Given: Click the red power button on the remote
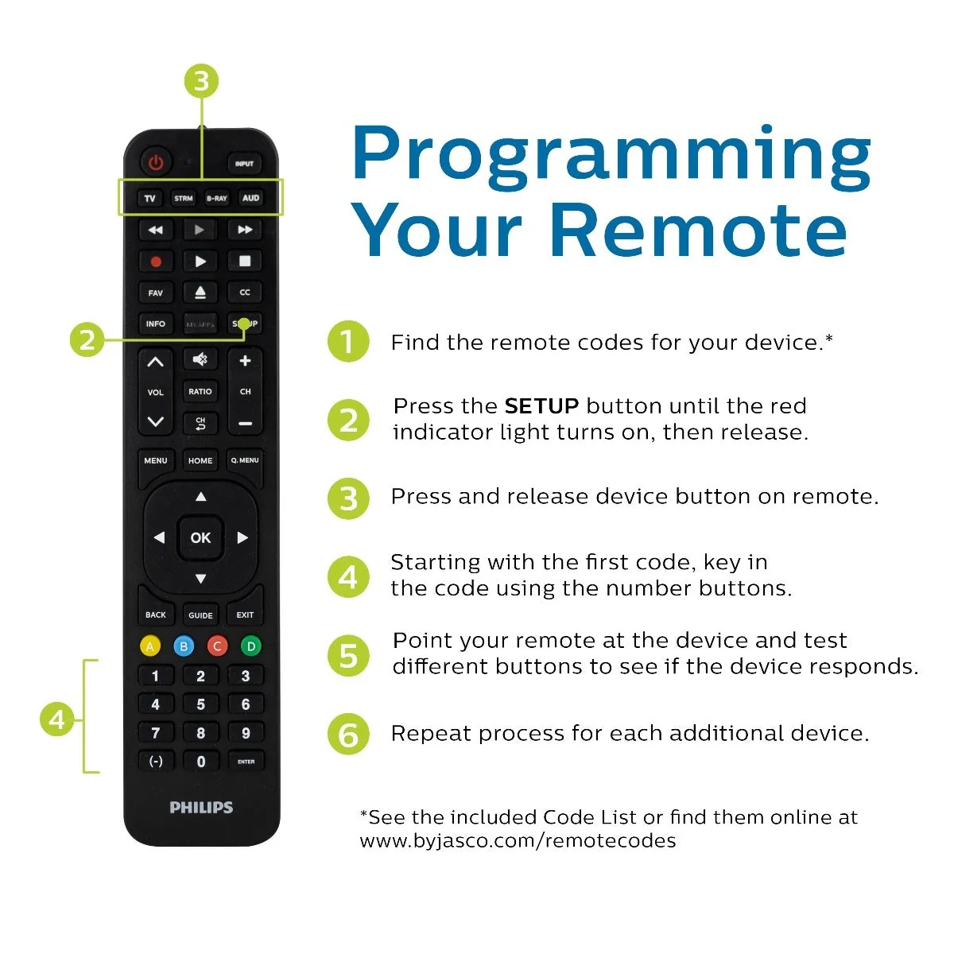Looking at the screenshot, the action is (x=156, y=162).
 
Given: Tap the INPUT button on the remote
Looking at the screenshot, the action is (x=245, y=164).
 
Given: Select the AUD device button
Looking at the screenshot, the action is (x=250, y=198).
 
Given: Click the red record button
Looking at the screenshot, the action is (x=156, y=262).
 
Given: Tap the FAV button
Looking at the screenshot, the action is (x=156, y=293).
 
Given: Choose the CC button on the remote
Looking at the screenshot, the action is (x=245, y=292).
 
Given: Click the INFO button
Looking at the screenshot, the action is (x=156, y=324).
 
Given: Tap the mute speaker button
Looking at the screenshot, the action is (x=200, y=359).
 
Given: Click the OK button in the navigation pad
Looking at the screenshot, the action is (x=200, y=537).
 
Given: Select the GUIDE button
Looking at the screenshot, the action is (x=200, y=615).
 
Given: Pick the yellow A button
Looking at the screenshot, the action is (x=150, y=646).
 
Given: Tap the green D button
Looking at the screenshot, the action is (x=251, y=646).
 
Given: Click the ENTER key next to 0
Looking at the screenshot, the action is (x=246, y=762).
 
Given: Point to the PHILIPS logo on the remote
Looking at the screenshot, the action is (x=201, y=808).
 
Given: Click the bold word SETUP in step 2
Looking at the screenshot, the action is (x=541, y=406).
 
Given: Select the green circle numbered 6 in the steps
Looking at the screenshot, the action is (x=348, y=734).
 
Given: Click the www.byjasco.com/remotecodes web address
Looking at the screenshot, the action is (x=518, y=840).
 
